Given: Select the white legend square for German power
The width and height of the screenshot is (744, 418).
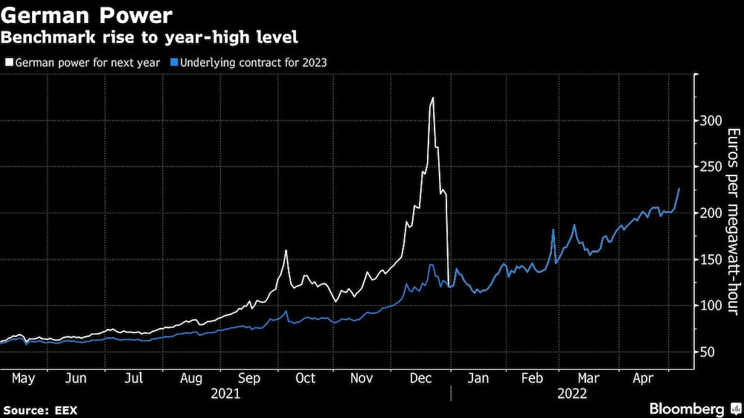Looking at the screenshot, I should pyautogui.click(x=8, y=63).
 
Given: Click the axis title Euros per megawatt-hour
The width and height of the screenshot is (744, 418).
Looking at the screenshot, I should pyautogui.click(x=733, y=221).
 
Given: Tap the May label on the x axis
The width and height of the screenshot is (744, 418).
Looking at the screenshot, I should pyautogui.click(x=24, y=378).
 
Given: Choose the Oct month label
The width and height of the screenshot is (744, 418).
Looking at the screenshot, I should pyautogui.click(x=305, y=378).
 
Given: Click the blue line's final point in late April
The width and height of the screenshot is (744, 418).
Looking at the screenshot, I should pyautogui.click(x=679, y=189).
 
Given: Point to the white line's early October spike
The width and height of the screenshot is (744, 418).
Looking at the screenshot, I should pyautogui.click(x=286, y=251).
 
